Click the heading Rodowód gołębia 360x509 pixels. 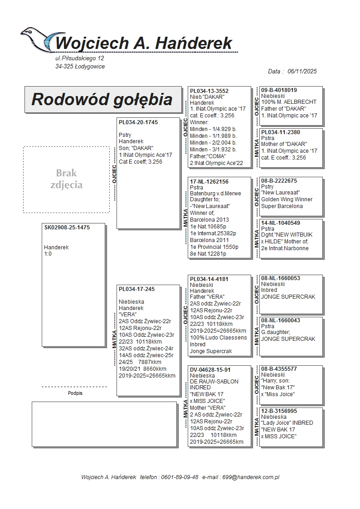(102, 99)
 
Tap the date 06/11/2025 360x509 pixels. (302, 71)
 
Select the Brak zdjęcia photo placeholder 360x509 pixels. (66, 179)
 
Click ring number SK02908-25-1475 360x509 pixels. (67, 228)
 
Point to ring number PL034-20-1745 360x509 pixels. (138, 122)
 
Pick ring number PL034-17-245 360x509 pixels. (136, 289)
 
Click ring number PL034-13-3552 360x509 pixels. (209, 91)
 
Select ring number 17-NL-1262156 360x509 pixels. (209, 182)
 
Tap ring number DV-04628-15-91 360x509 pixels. (210, 370)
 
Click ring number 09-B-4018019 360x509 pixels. (279, 90)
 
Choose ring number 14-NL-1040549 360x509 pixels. (280, 223)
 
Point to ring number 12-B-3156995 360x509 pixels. (279, 411)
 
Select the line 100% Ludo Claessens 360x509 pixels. (218, 338)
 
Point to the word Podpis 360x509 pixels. (75, 393)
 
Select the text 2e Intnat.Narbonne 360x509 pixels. (285, 248)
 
